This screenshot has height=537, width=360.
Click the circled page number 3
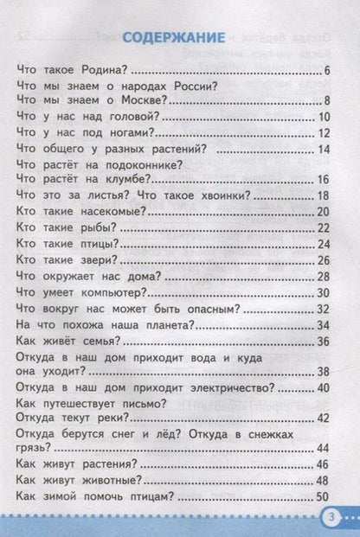pyautogui.click(x=334, y=518)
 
